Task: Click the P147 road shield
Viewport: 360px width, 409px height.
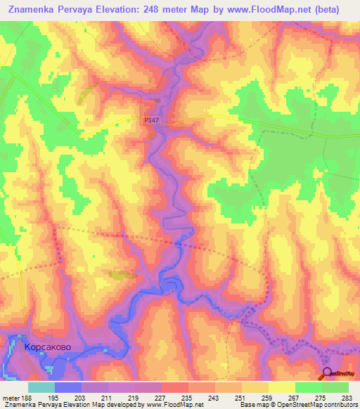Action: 151,121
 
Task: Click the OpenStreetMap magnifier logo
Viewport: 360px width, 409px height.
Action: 328,373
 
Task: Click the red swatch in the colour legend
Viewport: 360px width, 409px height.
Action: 175,387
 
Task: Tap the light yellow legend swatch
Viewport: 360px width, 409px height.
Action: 282,387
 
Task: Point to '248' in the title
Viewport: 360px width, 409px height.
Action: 178,9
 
